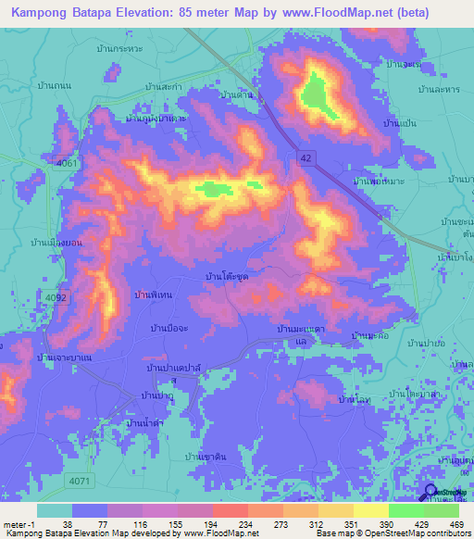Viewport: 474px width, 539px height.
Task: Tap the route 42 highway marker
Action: coord(305,158)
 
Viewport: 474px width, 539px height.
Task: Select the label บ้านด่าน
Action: coord(238,94)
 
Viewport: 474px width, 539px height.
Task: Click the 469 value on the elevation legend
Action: coord(458,523)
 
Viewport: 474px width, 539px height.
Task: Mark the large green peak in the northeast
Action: coord(315,94)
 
